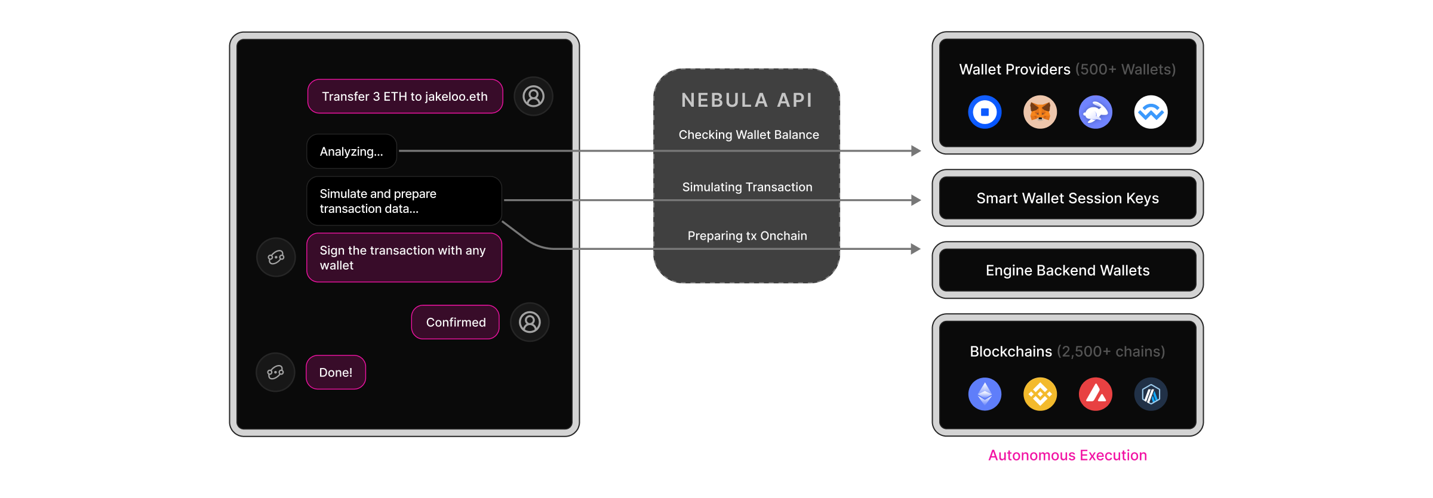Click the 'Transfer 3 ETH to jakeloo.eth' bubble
coord(405,96)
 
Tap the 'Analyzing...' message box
coord(352,151)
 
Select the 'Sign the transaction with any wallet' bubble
coord(404,258)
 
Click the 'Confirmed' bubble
coord(456,322)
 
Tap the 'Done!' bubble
coord(336,372)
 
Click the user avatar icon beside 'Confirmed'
coord(530,322)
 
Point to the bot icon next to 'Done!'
coord(275,372)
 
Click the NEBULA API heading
coord(747,100)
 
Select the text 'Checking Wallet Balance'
coord(749,135)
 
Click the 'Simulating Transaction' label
coord(747,187)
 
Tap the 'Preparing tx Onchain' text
coord(747,236)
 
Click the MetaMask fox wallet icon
coord(1040,112)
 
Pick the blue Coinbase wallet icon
coord(985,112)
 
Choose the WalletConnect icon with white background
coord(1151,112)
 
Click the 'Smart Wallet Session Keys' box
coord(1068,198)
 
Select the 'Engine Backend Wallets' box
coord(1068,270)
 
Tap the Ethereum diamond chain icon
coord(985,394)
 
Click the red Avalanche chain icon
coord(1095,394)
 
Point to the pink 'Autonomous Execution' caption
coord(1067,456)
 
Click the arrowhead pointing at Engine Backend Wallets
coord(915,249)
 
